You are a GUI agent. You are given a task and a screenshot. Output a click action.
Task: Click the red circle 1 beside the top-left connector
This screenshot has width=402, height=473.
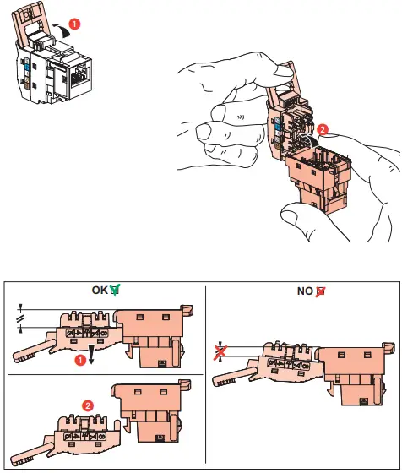coord(76,24)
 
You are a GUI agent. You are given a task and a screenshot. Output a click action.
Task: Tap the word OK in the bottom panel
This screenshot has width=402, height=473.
coord(100,290)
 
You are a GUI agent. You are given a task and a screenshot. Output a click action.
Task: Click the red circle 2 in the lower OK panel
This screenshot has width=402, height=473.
coord(87,405)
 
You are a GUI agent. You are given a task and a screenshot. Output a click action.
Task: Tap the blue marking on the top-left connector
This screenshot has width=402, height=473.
coord(28,66)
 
